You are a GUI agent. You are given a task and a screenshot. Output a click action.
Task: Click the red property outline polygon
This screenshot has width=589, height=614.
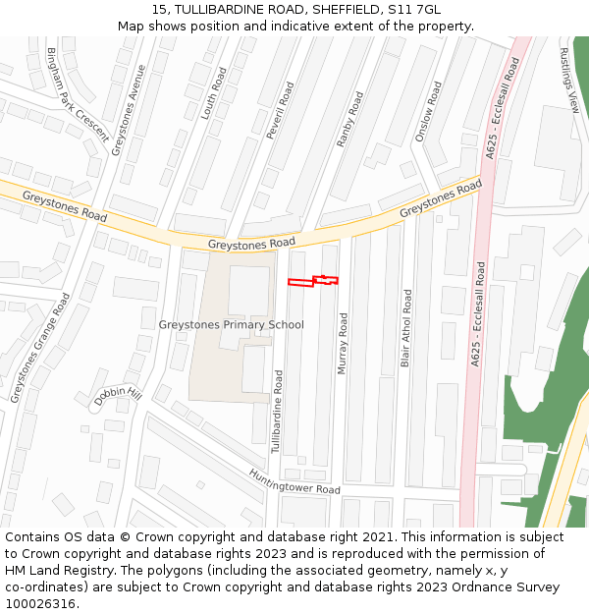312,282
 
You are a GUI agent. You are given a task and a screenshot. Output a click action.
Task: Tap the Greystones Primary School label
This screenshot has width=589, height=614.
231,325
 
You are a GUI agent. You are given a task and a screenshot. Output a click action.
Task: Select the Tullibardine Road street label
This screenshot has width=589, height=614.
278,412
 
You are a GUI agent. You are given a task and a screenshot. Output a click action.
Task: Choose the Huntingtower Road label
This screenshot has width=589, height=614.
294,481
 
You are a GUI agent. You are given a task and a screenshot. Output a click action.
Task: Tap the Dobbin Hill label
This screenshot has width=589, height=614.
119,396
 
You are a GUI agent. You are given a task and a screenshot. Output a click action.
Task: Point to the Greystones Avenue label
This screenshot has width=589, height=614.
129,110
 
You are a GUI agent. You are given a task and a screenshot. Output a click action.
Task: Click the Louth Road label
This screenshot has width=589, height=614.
213,93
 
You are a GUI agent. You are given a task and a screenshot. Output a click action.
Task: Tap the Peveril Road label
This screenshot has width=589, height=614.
280,110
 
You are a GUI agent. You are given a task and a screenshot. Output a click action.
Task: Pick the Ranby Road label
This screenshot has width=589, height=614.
349,119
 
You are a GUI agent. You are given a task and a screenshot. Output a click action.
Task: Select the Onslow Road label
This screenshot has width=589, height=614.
428,111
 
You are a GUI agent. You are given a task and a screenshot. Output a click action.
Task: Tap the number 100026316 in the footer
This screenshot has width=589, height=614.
38,603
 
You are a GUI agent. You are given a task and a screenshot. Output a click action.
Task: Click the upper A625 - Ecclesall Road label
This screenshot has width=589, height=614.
503,108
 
